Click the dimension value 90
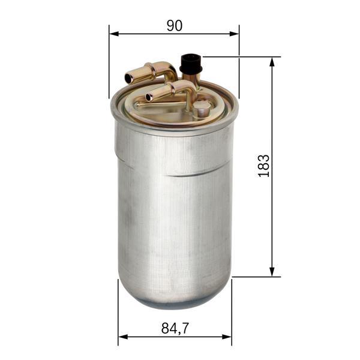[174, 25]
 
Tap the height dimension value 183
[263, 166]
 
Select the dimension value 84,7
[175, 328]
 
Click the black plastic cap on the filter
[191, 62]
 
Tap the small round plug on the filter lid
[202, 108]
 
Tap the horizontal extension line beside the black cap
[240, 57]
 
